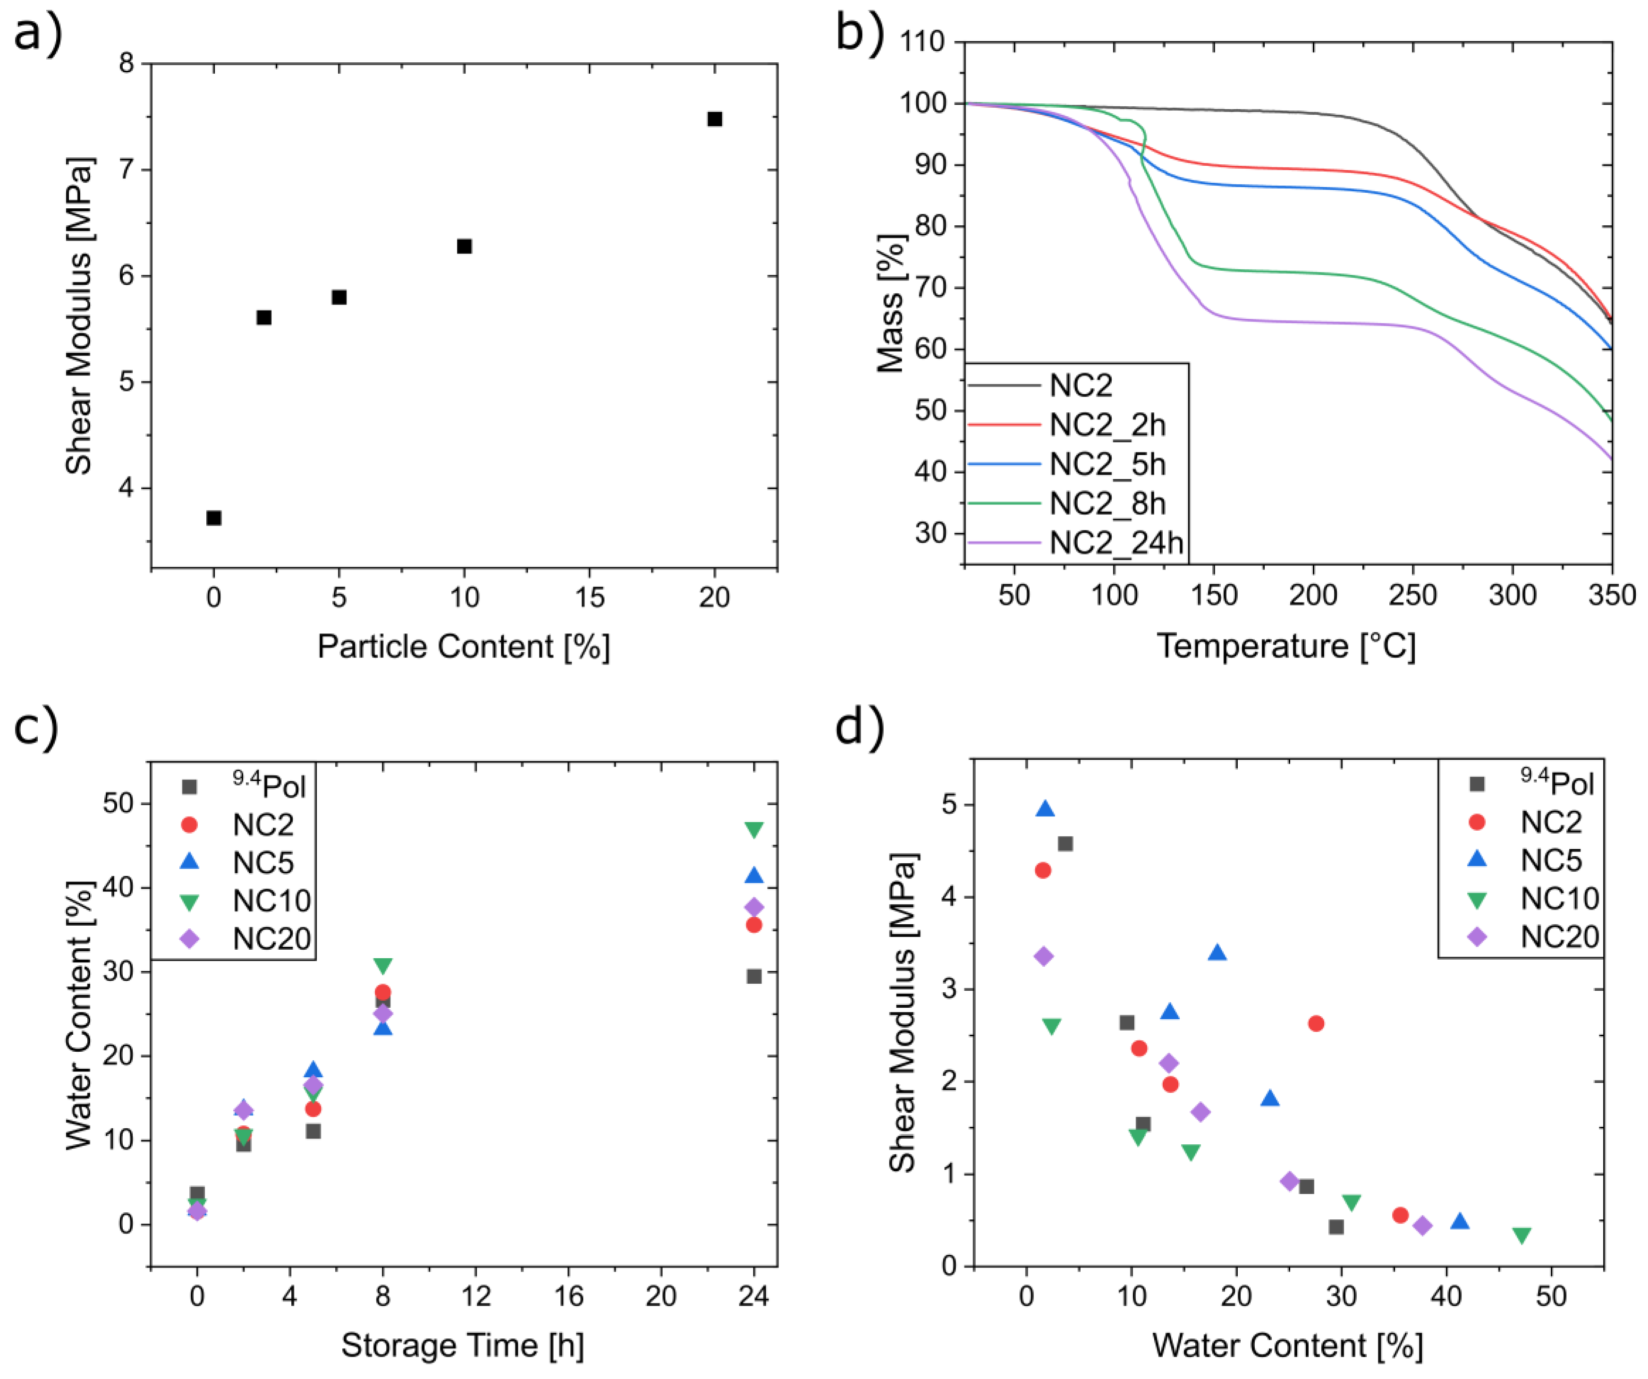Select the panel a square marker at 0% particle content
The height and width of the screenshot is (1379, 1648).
tap(213, 518)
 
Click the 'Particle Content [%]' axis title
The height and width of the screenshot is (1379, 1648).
tap(463, 647)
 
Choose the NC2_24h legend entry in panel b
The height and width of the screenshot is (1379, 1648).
tap(1115, 542)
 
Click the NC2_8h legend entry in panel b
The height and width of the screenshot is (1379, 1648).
tap(1107, 503)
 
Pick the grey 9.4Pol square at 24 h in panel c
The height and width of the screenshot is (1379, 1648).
tap(753, 976)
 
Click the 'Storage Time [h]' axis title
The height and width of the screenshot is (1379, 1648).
tap(463, 1345)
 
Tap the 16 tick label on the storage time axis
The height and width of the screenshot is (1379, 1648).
tap(568, 1296)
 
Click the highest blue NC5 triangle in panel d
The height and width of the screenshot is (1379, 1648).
tap(1045, 809)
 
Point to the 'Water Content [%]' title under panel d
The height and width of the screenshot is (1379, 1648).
tap(1287, 1345)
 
